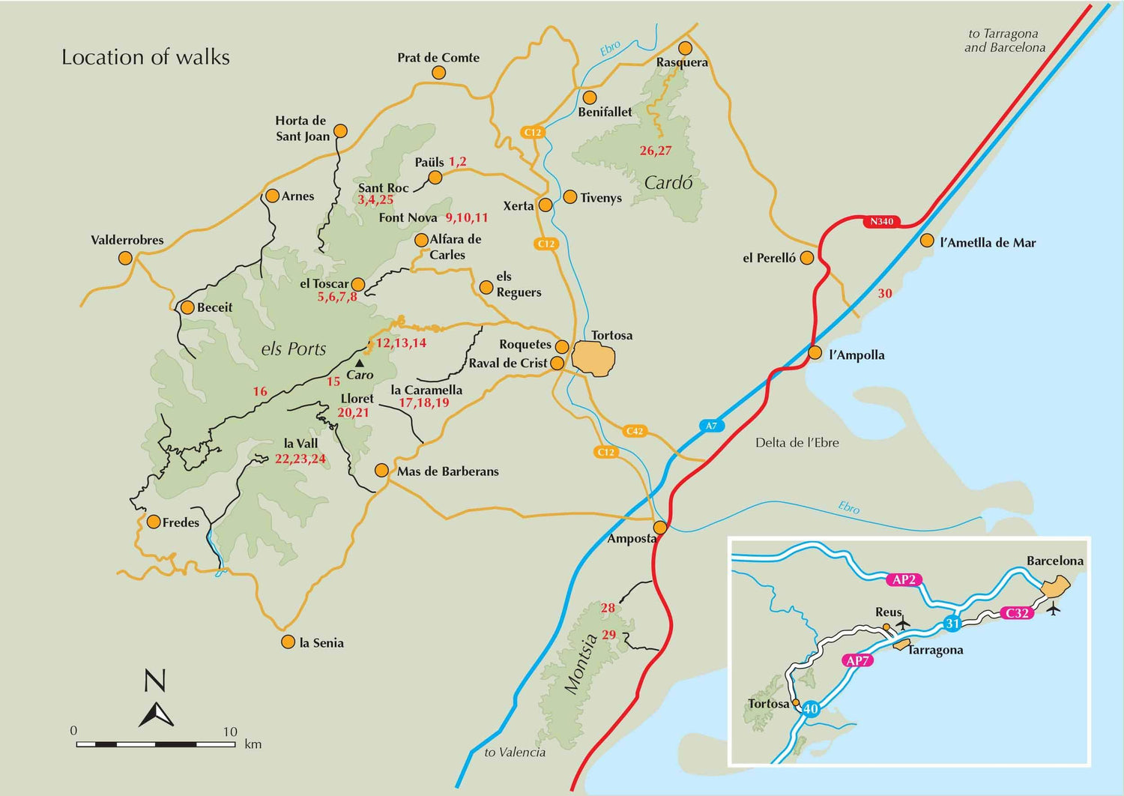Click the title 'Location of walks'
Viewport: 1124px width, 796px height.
tap(145, 58)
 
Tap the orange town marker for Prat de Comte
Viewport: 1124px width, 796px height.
tap(439, 73)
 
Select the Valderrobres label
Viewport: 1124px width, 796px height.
tap(127, 241)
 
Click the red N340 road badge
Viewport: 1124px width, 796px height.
tap(881, 222)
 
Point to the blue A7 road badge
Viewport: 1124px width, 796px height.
tap(711, 426)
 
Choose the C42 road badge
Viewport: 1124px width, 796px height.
tap(635, 431)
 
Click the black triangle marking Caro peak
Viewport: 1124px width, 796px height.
tap(360, 363)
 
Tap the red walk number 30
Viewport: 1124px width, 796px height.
tap(885, 294)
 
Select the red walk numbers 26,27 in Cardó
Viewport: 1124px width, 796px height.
tap(656, 151)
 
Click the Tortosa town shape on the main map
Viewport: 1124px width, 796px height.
tap(593, 358)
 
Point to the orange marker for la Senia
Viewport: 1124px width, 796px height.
tap(288, 642)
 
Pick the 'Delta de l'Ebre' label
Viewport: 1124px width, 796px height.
tap(797, 443)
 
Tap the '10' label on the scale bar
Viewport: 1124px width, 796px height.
tap(230, 732)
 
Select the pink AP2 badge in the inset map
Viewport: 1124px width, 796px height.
tap(904, 579)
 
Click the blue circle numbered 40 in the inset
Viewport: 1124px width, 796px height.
tap(811, 709)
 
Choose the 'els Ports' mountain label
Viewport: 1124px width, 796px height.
tap(294, 349)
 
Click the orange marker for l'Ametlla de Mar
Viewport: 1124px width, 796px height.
tap(927, 241)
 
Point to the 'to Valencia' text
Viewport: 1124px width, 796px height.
tap(515, 753)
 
